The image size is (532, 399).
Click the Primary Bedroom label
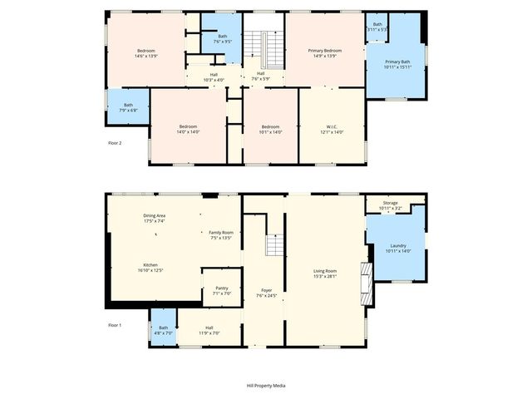(x=325, y=51)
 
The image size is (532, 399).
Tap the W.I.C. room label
(x=331, y=126)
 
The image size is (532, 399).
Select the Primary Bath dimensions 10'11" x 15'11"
(x=397, y=67)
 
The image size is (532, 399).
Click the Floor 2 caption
(x=115, y=143)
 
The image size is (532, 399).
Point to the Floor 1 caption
(x=115, y=325)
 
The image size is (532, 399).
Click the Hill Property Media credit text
(x=266, y=386)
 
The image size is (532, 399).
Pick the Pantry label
(x=221, y=288)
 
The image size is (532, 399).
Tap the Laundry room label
(x=397, y=245)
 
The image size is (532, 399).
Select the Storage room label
(x=391, y=202)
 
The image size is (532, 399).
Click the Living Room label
(x=325, y=271)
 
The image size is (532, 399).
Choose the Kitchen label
(x=150, y=264)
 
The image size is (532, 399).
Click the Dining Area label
(x=155, y=216)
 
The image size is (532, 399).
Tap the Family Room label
(x=221, y=232)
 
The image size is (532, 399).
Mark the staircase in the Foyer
(x=275, y=245)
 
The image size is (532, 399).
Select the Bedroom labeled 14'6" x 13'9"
(x=146, y=51)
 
